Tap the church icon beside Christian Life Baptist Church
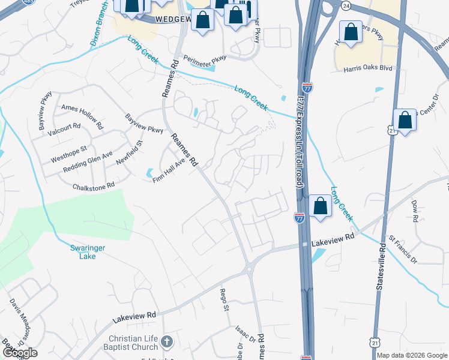coord(167,342)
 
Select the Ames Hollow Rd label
coord(82,108)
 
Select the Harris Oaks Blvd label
coord(367,68)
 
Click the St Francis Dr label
coord(403,250)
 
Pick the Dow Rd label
coord(414,211)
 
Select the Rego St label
coord(225,300)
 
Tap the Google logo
coord(19,353)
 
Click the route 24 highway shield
coord(346,5)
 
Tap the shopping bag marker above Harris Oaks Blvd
coord(351,34)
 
